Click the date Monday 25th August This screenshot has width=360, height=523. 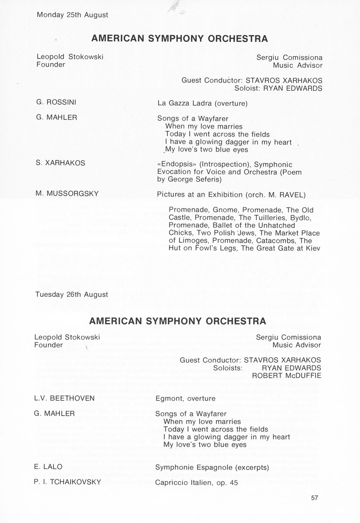72,14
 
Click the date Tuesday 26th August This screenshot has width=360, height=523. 72,294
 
